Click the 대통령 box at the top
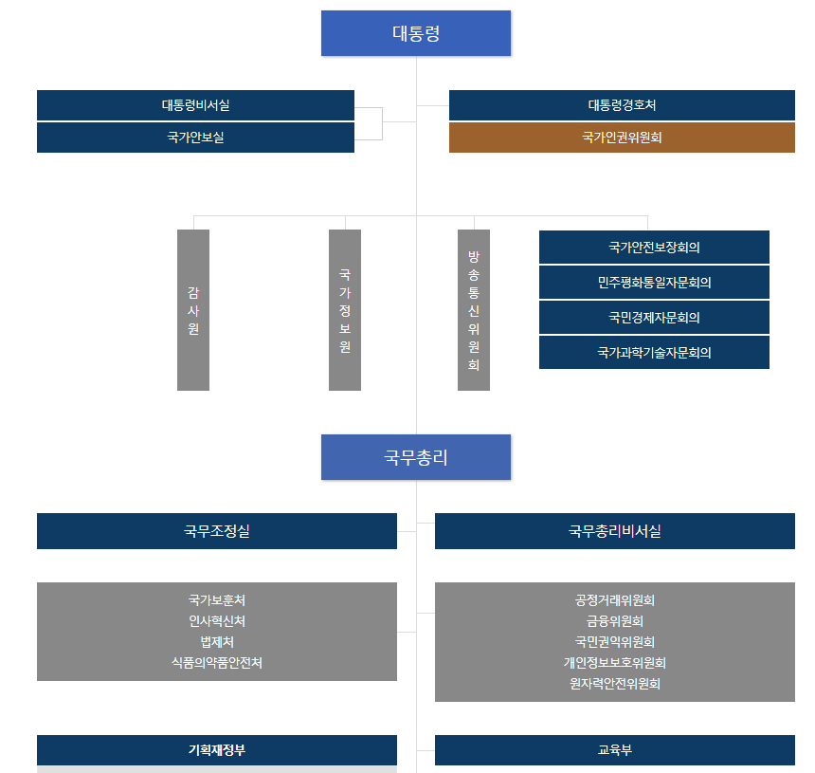coord(416,33)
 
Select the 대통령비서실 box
coord(195,105)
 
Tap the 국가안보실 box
coord(195,138)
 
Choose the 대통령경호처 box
coord(622,105)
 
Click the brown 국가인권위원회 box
coord(622,138)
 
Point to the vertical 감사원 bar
coord(193,310)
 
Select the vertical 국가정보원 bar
coord(345,310)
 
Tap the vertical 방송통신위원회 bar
coord(474,310)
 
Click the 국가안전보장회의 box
coord(654,248)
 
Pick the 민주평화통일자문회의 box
coord(654,283)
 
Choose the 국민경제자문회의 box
coord(654,318)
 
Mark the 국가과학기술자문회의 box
coord(654,353)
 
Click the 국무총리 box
coord(416,457)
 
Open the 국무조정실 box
coord(217,531)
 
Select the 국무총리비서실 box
coord(615,531)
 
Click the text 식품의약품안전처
coord(217,663)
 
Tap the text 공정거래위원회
coord(615,600)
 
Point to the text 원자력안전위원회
coord(615,684)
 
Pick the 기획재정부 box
coord(217,750)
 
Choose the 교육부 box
coord(615,750)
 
